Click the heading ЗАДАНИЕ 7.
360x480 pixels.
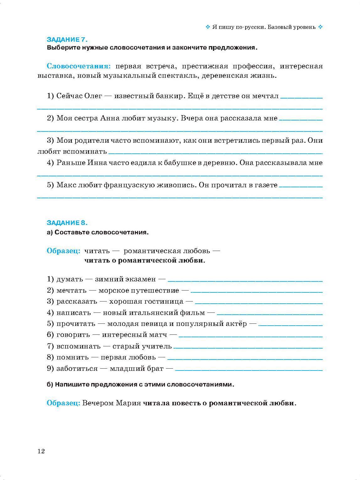coord(67,40)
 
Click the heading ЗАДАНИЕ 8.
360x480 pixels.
coord(67,223)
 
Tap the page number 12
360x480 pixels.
coord(41,451)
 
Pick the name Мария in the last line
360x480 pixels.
coord(128,403)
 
